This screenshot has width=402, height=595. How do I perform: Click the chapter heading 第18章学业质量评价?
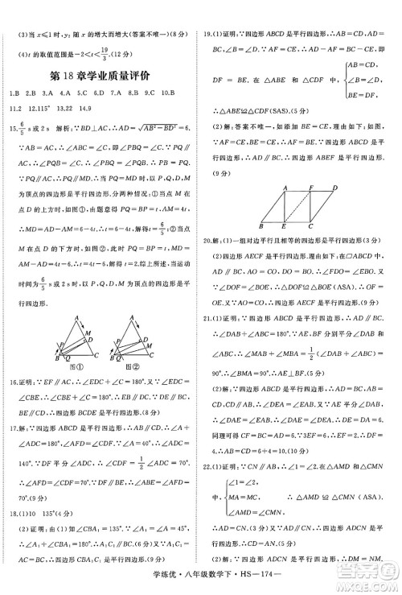click(100, 76)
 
